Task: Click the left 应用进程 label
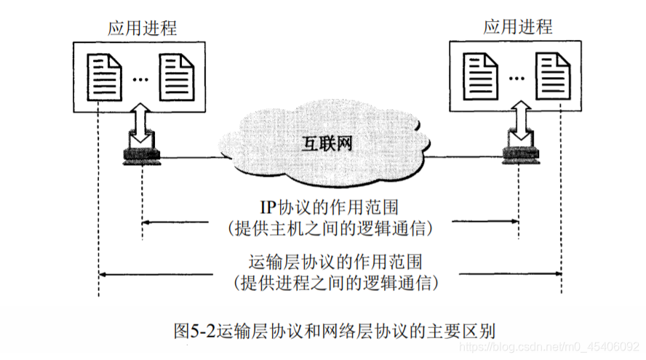pos(142,28)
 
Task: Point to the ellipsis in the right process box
pos(517,79)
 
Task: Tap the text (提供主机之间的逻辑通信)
pos(330,228)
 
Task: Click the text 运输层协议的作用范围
pos(331,260)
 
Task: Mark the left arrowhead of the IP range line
pos(145,220)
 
